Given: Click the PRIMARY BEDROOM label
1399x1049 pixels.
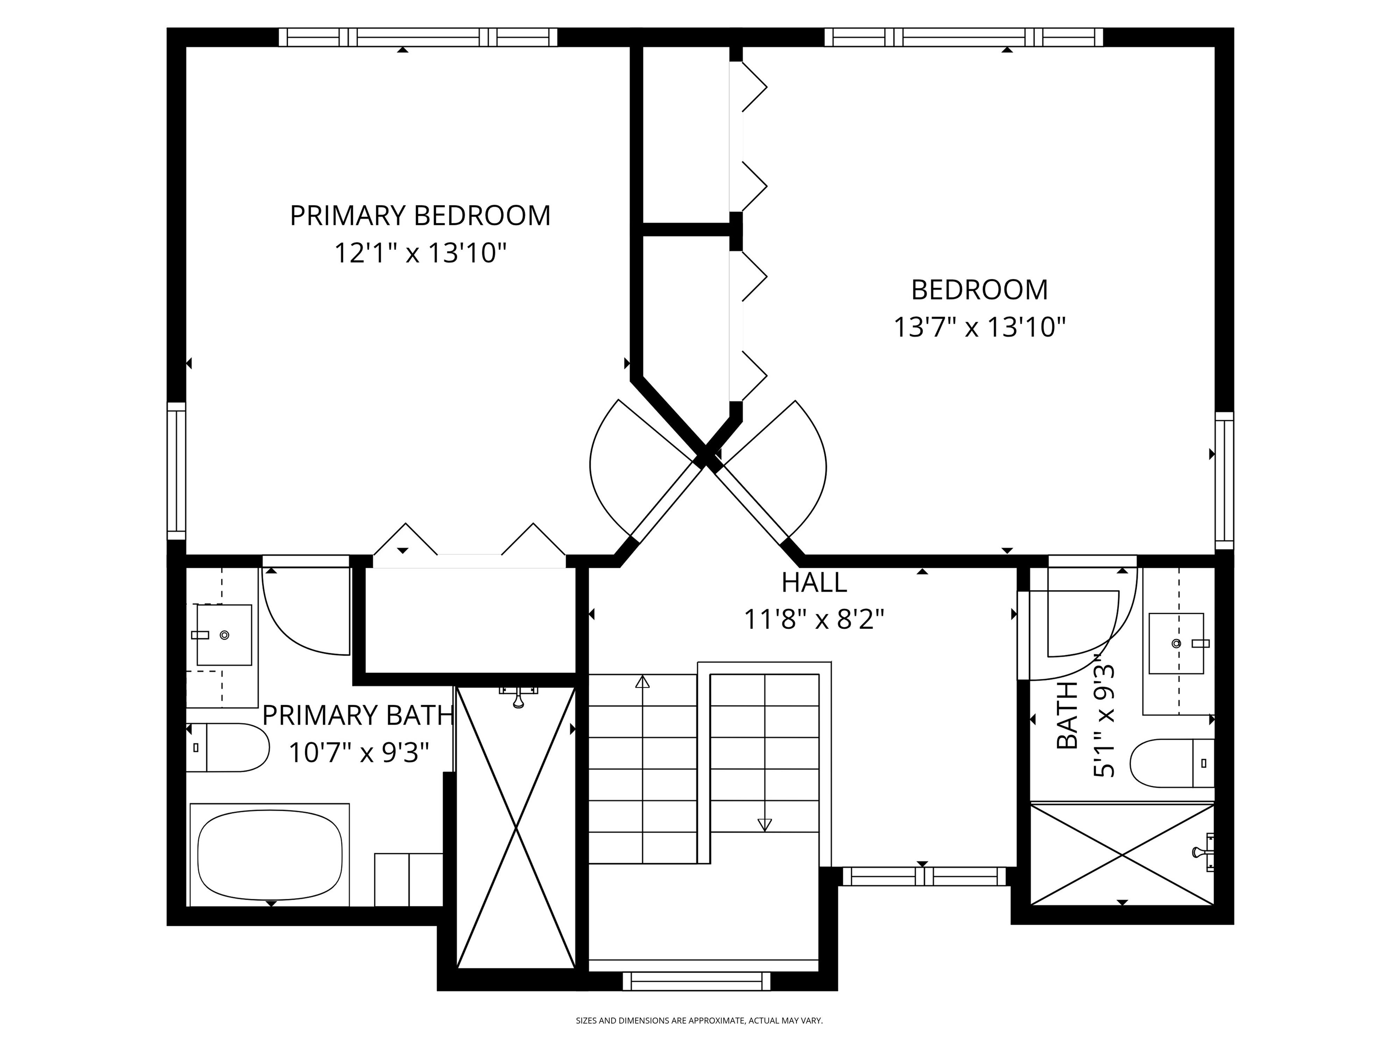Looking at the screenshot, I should pos(419,216).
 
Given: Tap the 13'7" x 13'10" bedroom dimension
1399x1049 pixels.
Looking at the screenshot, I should pos(979,327).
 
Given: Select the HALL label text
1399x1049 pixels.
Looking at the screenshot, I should pos(814,582).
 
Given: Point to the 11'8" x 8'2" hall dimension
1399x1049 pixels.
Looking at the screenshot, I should pos(814,619).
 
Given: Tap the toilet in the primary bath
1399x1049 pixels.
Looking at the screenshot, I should pos(229,748).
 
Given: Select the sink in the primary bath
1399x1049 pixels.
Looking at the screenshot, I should pos(224,635).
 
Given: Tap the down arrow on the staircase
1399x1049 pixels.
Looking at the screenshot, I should pos(765,824).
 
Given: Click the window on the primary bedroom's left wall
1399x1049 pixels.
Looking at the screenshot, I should pos(176,471).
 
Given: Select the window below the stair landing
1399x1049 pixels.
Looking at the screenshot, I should pos(696,981).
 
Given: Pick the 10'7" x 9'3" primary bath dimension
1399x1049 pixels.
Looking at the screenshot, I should pos(358,753).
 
